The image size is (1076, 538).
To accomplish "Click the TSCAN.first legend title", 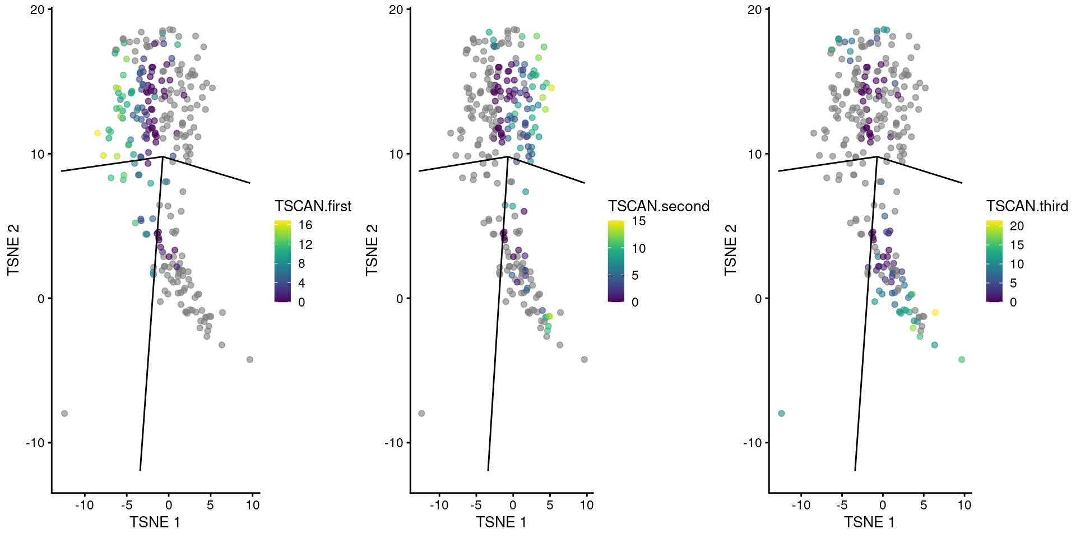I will click(313, 206).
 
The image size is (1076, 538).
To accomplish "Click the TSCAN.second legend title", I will click(658, 206).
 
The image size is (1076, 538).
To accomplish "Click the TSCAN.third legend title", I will click(1027, 206).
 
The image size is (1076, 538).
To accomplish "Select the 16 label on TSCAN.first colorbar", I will click(305, 225).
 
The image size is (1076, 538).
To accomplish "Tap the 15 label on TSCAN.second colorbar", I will click(639, 221).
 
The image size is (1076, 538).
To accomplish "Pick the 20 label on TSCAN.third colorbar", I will click(1017, 226).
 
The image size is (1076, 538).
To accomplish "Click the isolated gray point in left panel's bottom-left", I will click(64, 414).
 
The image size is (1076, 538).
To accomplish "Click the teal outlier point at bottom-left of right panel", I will click(781, 414).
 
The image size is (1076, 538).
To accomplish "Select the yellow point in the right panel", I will click(935, 313).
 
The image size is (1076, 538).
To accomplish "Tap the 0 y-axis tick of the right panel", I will click(758, 299).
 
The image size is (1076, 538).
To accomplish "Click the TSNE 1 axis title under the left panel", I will click(155, 522).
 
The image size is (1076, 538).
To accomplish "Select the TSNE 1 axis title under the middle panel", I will click(501, 522).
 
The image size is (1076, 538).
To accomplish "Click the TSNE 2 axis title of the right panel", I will click(730, 250).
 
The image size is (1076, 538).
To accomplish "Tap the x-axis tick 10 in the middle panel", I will click(586, 505).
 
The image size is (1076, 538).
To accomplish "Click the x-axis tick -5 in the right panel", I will click(841, 505).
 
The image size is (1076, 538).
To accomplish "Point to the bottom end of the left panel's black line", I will click(140, 470).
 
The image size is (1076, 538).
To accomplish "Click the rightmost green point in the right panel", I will click(962, 359).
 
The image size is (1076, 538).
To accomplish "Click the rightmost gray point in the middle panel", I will click(585, 359).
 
